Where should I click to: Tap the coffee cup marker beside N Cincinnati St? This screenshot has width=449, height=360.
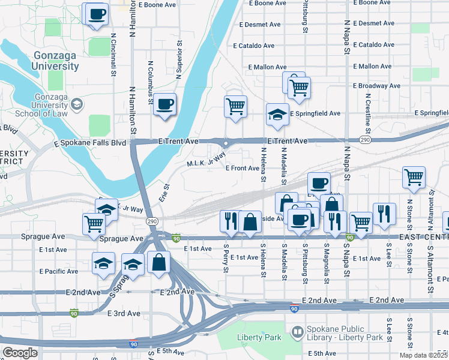[x=97, y=14]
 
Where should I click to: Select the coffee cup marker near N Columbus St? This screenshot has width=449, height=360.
[x=164, y=105]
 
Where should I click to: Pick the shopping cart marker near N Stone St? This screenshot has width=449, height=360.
[x=414, y=178]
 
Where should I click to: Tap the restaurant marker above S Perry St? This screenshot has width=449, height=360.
[x=228, y=221]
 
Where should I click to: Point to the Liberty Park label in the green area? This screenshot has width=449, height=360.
[x=259, y=337]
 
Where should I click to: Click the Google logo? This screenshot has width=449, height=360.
[x=20, y=353]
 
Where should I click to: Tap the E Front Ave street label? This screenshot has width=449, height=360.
[x=242, y=168]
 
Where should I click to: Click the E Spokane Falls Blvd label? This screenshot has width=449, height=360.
[x=90, y=143]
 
